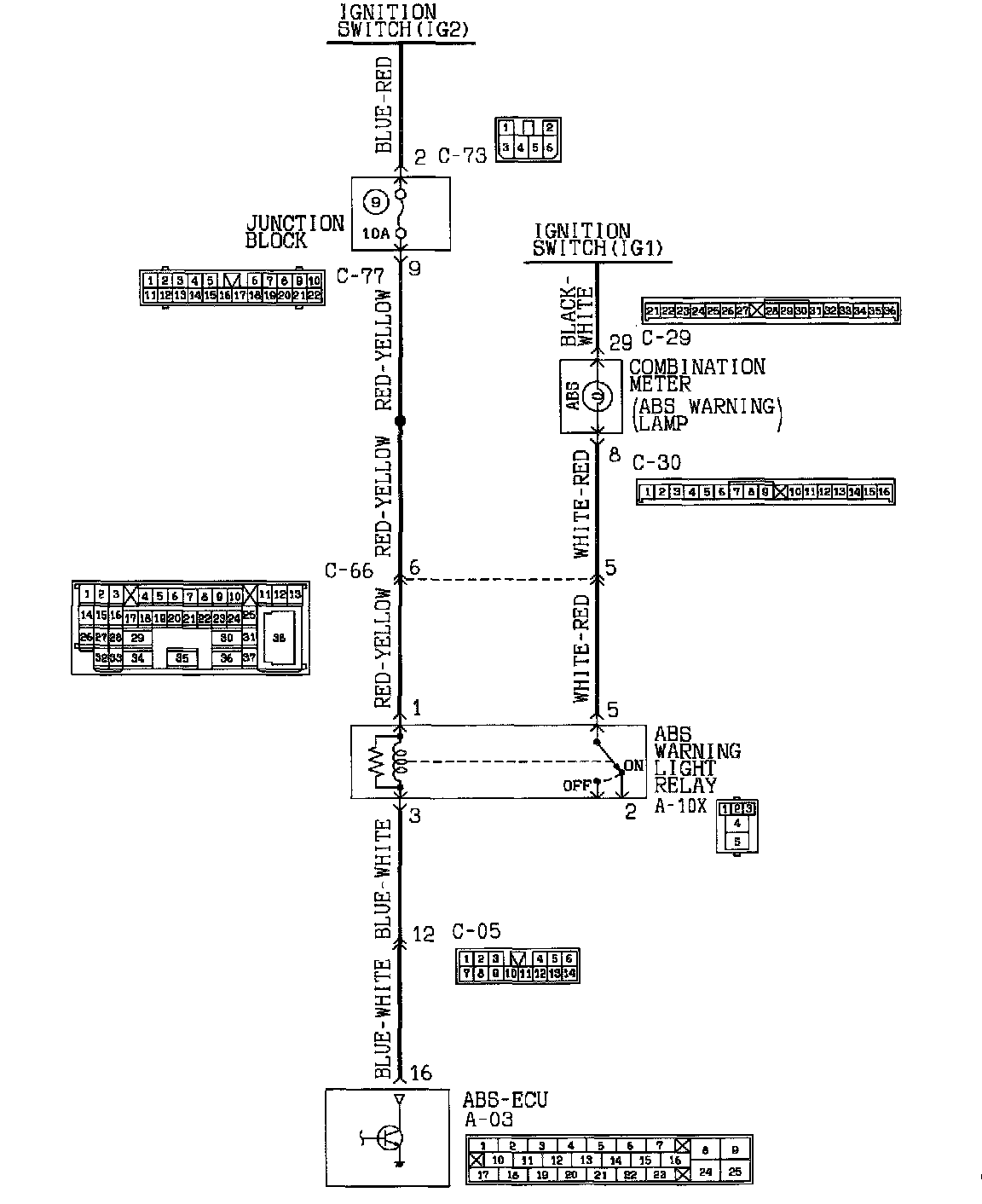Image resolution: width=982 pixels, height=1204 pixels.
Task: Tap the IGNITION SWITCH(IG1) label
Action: pos(596,240)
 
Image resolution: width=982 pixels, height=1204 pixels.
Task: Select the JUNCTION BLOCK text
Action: pos(294,231)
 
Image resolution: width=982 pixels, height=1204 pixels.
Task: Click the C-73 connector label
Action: pos(462,156)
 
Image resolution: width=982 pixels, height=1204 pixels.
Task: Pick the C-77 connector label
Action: pos(360,275)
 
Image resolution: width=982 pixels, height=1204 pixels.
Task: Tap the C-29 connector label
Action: pos(666,339)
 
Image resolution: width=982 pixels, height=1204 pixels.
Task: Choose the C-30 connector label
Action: pos(656,462)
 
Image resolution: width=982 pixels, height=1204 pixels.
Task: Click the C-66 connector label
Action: pos(349,570)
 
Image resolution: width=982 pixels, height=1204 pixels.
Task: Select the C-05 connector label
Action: pos(476,932)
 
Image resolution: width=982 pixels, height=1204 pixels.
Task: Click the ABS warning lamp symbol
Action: pos(598,396)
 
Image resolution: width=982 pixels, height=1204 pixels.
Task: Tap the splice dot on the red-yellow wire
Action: pos(401,420)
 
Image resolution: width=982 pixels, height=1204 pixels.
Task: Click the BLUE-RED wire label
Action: pos(384,105)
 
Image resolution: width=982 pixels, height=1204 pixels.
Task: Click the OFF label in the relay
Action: pos(575,785)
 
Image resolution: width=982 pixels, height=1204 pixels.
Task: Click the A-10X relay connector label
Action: pos(680,806)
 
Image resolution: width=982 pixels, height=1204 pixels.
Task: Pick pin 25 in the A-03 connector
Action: pos(734,1172)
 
